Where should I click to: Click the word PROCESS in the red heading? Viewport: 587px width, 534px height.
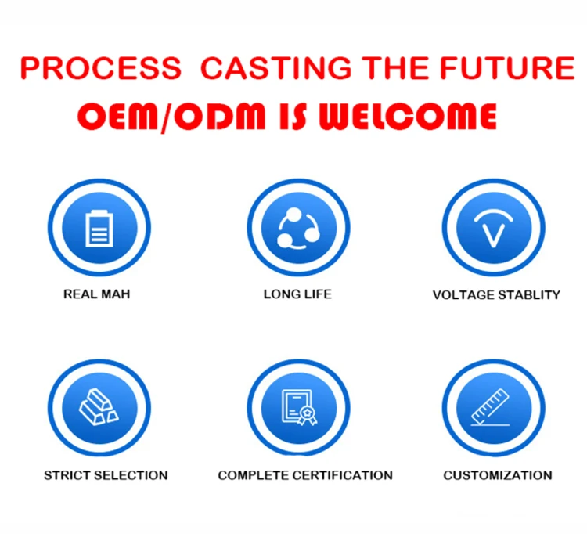[x=101, y=68]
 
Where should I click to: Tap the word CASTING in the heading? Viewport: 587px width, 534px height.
[x=276, y=68]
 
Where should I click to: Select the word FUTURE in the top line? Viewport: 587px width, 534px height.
[x=507, y=68]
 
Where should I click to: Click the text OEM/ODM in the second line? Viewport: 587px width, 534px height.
[x=171, y=117]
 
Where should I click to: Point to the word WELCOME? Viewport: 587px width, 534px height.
[x=408, y=116]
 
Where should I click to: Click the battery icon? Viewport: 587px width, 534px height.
[x=99, y=229]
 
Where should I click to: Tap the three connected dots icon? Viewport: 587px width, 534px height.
[x=298, y=229]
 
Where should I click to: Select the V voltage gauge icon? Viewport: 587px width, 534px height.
[x=493, y=229]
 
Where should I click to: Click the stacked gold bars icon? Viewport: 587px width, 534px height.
[x=99, y=407]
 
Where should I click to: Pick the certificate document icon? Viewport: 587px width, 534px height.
[x=299, y=407]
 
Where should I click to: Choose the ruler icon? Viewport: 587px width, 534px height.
[x=491, y=407]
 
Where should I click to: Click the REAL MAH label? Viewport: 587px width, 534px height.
[x=96, y=294]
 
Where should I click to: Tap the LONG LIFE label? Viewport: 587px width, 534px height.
[x=297, y=294]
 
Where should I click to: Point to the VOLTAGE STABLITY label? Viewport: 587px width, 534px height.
[x=496, y=295]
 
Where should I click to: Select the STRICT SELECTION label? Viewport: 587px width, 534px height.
[x=106, y=475]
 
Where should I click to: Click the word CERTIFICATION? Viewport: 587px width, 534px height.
[x=343, y=475]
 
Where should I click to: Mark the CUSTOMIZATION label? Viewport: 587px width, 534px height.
[x=498, y=475]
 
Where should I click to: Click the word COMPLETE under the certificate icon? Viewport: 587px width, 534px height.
[x=254, y=475]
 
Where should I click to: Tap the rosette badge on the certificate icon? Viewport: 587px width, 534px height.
[x=308, y=415]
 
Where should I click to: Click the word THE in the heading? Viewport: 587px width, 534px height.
[x=395, y=68]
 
